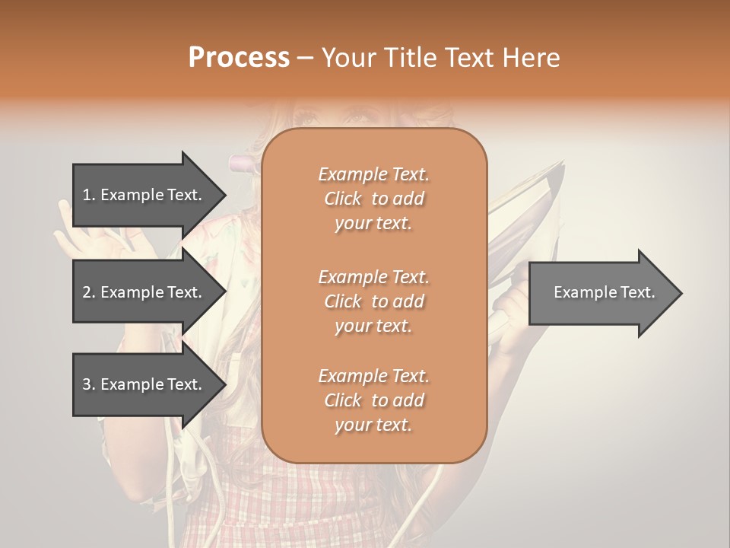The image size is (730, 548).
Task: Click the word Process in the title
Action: [x=239, y=58]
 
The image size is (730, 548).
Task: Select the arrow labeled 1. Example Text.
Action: [x=144, y=195]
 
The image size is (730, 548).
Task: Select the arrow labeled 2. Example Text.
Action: [x=144, y=292]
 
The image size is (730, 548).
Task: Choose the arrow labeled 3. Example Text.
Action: [x=144, y=384]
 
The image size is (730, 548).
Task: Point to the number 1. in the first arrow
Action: [x=88, y=195]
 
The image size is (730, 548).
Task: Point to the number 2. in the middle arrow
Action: [x=88, y=292]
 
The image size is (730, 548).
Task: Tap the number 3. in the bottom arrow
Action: [x=88, y=384]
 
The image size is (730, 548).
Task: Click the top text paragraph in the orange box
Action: [x=373, y=199]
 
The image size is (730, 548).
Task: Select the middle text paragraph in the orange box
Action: [x=373, y=301]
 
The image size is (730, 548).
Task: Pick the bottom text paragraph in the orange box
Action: [x=373, y=400]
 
